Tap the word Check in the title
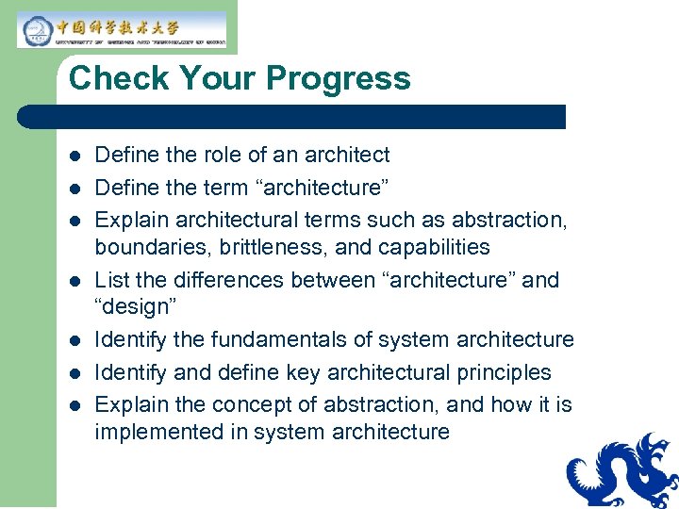tap(112, 78)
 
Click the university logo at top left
tap(122, 30)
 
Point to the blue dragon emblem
tap(621, 471)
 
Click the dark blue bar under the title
tap(292, 117)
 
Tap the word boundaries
tap(141, 247)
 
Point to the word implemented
tap(152, 432)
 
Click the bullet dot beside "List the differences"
tap(75, 281)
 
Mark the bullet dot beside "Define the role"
tap(75, 156)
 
